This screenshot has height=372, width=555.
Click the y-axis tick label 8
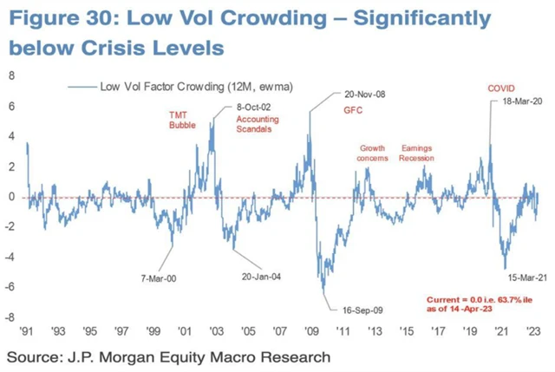[12, 75]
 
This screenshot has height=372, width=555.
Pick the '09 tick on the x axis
[311, 330]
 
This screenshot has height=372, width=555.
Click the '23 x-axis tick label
[534, 330]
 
